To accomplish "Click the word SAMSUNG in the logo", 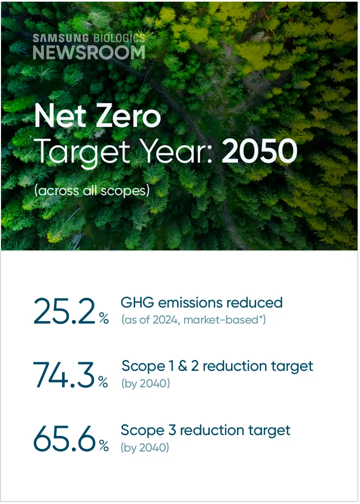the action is point(61,38).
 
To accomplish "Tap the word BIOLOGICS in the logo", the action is point(119,38).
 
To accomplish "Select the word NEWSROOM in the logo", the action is point(89,53).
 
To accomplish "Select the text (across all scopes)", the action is point(92,191).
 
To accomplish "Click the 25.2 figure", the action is point(65,311).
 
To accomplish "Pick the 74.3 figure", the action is point(64,375).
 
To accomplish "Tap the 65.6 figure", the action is point(65,439).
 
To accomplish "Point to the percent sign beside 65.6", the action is point(104,446).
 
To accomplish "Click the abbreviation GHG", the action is point(137,302).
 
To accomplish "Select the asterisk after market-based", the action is point(261,317).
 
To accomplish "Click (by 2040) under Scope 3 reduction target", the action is point(145,447).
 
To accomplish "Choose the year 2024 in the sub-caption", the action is point(165,320).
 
